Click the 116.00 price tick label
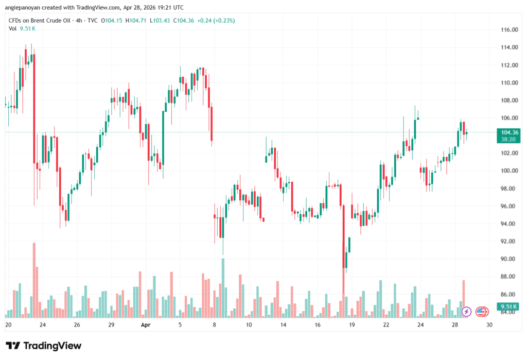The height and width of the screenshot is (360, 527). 507,30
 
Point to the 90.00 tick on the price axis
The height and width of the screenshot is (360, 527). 507,259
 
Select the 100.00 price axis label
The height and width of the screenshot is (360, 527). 507,171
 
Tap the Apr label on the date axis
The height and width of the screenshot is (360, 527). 146,325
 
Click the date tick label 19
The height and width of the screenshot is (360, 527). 352,325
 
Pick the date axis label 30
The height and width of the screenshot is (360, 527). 489,325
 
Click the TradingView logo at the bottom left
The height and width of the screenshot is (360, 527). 43,346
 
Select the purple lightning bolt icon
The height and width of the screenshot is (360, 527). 467,311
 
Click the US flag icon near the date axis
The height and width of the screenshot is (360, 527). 482,311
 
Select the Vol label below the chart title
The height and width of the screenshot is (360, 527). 13,28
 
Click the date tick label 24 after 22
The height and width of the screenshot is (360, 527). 420,325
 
